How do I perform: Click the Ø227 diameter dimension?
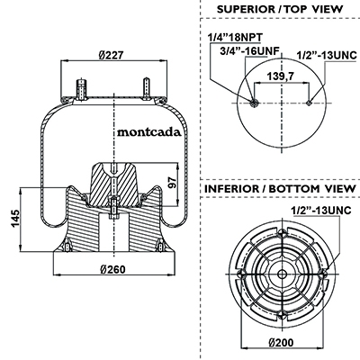click(x=111, y=55)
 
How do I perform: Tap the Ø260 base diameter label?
click(x=112, y=269)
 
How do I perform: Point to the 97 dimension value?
click(x=172, y=182)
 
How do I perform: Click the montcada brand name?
click(x=149, y=132)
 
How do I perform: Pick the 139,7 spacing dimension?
click(x=281, y=76)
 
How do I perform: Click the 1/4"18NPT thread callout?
click(x=235, y=38)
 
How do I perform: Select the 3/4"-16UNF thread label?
click(x=249, y=50)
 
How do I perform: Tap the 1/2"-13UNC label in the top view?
click(x=327, y=55)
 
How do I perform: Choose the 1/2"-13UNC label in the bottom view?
click(x=321, y=211)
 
